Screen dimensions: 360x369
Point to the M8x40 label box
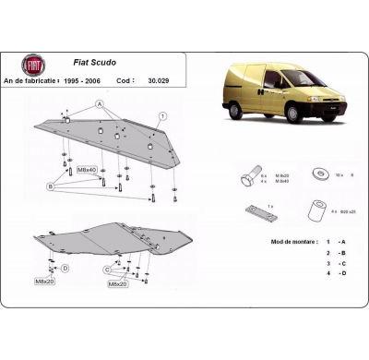(x=88, y=170)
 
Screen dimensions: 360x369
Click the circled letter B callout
(x=53, y=186)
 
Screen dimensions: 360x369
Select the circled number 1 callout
(x=162, y=115)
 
